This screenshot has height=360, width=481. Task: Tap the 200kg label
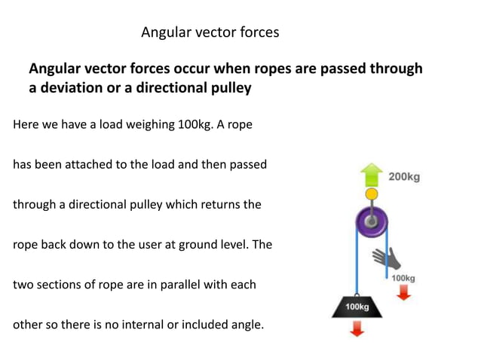pyautogui.click(x=404, y=178)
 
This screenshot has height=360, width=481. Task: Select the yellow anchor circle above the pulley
pyautogui.click(x=370, y=195)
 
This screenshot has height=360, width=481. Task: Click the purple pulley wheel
pyautogui.click(x=370, y=221)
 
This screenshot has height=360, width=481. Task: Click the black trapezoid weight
pyautogui.click(x=357, y=307)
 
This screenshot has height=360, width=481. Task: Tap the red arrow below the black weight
pyautogui.click(x=357, y=328)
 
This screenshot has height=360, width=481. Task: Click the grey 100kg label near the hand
pyautogui.click(x=403, y=278)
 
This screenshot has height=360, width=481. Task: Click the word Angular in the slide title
pyautogui.click(x=166, y=32)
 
